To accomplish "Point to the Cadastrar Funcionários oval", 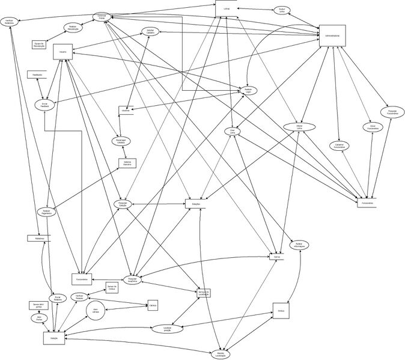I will [x=339, y=145].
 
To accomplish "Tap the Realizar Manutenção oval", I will [x=73, y=28].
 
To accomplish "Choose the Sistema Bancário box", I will [x=127, y=163].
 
